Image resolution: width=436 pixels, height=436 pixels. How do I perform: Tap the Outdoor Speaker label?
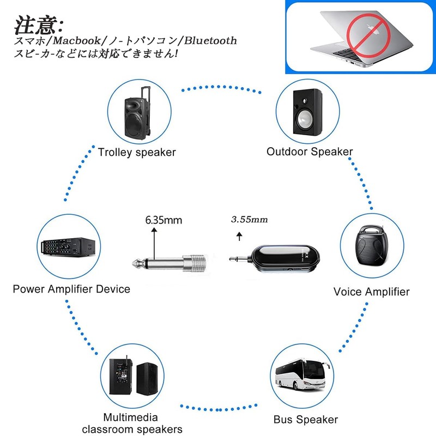pos(309,152)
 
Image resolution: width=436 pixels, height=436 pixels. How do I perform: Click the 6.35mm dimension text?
pos(163,221)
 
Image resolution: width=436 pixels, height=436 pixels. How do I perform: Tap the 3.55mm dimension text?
pos(250,219)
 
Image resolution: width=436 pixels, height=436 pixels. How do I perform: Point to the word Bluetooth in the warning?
pos(210,41)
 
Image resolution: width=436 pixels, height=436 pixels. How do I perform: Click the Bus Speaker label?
pos(305,420)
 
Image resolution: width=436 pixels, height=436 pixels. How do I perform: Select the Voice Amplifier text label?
pos(371,292)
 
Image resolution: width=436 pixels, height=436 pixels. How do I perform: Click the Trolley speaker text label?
pos(137,152)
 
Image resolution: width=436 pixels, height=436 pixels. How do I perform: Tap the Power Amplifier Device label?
pos(71,289)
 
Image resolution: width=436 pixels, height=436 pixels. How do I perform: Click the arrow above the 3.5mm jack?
pos(239,236)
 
